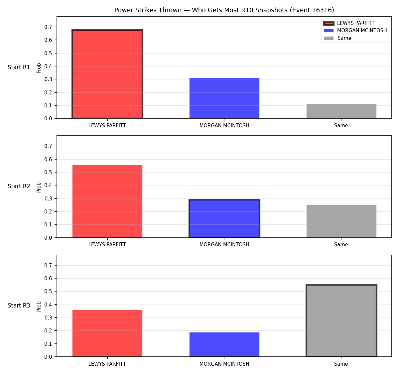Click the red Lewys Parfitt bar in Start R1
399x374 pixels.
(x=107, y=74)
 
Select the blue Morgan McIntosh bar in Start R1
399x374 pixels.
(x=224, y=98)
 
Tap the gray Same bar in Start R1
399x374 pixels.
(x=341, y=111)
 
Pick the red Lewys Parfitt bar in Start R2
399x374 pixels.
(x=107, y=201)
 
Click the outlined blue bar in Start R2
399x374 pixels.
(x=224, y=218)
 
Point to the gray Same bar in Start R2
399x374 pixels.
(x=341, y=221)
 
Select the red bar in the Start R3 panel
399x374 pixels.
(x=107, y=333)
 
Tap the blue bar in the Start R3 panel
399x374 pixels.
(x=224, y=344)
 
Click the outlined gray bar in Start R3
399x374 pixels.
(x=341, y=320)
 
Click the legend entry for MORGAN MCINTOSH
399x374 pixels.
(x=355, y=31)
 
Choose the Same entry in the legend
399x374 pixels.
(x=337, y=38)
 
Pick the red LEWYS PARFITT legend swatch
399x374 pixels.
(x=329, y=23)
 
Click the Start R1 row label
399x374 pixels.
(x=19, y=67)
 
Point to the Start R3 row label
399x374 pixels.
(x=19, y=306)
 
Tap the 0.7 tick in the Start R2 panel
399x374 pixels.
(x=48, y=146)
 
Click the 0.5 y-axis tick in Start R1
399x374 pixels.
(x=48, y=53)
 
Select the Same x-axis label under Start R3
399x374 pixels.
(x=341, y=364)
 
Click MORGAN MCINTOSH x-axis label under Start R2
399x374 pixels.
(x=224, y=245)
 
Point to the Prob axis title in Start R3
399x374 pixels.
(x=39, y=307)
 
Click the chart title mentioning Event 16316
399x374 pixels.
(x=224, y=10)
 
